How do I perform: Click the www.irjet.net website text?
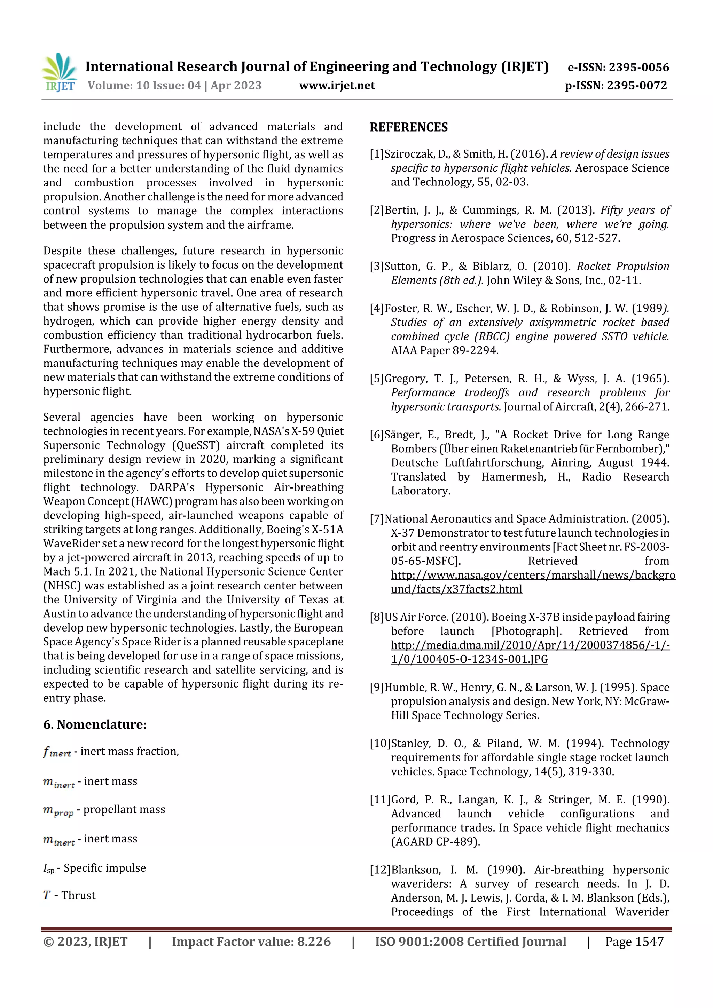[x=337, y=86]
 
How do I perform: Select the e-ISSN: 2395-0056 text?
[x=618, y=67]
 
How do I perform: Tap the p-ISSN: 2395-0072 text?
[x=616, y=86]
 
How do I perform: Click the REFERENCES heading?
[x=409, y=127]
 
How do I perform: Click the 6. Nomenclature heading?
[x=95, y=724]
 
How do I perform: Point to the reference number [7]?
[x=377, y=519]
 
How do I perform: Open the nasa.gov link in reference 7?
[x=533, y=575]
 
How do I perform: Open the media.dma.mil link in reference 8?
[x=530, y=645]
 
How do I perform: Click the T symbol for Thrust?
[x=47, y=896]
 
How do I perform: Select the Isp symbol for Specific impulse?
[x=49, y=868]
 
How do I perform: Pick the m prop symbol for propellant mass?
[x=58, y=810]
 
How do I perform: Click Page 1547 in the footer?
[x=634, y=942]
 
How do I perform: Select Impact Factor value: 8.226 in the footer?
[x=251, y=942]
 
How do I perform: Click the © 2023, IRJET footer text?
[x=85, y=942]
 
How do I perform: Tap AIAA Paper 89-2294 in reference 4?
[x=445, y=350]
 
